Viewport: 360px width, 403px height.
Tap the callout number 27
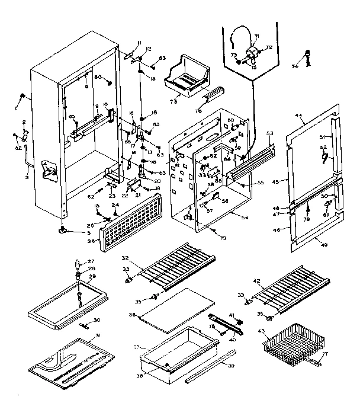(91, 261)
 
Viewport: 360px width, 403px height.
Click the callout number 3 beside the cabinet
(27, 177)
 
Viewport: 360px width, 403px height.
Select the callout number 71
(257, 37)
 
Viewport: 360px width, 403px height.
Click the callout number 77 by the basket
(325, 354)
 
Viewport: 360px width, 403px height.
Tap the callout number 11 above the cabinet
(139, 43)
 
